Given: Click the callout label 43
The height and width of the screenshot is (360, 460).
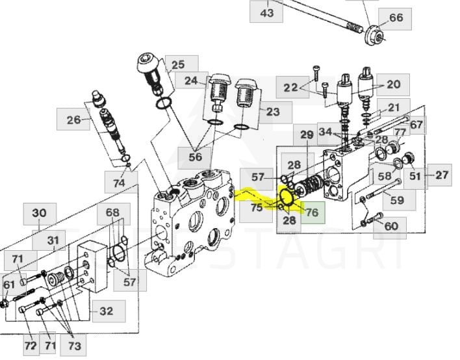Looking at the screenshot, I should [267, 12].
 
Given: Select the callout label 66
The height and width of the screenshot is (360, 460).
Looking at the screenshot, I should [396, 18].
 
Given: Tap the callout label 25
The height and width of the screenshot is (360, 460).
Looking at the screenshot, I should [177, 64].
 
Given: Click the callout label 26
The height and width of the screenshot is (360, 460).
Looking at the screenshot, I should [73, 119].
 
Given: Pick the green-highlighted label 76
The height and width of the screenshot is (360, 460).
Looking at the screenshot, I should [312, 212].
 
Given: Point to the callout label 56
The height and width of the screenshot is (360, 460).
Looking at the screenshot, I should [196, 157].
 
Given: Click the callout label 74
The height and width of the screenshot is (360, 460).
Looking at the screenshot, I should [118, 183].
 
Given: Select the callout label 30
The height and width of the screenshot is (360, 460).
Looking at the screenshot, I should [40, 212].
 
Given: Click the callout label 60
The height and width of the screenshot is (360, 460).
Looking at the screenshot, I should [390, 226].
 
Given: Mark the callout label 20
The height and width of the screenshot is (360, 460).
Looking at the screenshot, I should [394, 84].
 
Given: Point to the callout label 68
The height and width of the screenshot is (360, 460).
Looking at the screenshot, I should [113, 213].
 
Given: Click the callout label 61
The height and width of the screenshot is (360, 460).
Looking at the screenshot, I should [9, 285].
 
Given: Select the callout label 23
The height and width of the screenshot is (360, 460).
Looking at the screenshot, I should [273, 111].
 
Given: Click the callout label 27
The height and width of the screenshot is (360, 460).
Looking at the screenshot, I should [442, 175].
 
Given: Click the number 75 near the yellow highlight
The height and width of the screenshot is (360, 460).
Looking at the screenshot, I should [257, 207].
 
